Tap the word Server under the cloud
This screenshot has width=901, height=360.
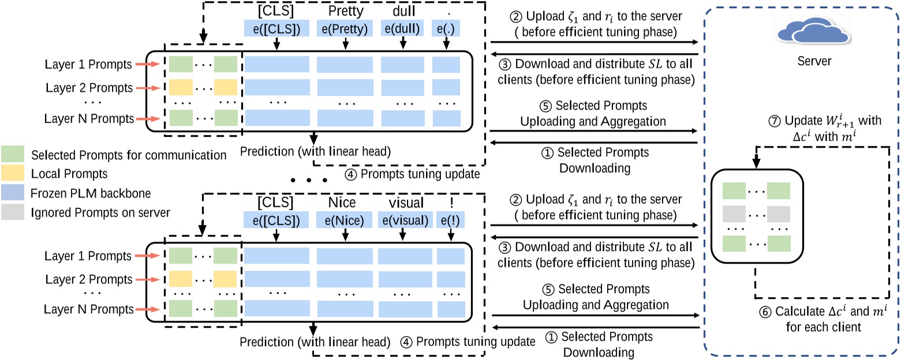coord(814,61)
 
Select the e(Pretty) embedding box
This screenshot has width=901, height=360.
coord(345,28)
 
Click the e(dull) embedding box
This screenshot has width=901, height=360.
coord(402,28)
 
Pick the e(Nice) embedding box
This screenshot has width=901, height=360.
coord(345,220)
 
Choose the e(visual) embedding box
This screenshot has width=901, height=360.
coord(405,220)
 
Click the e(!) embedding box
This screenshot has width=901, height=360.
coord(450,220)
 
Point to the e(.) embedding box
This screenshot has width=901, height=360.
coord(446,28)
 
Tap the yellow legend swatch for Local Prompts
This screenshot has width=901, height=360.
coord(13,173)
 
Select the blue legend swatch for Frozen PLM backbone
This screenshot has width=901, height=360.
coord(13,193)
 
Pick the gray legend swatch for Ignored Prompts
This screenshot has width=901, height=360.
coord(13,212)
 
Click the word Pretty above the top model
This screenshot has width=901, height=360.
coord(346,11)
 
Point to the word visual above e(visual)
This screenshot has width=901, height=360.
coord(406,202)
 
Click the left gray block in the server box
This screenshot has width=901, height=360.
coord(734,214)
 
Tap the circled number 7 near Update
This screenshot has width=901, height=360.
coord(775,121)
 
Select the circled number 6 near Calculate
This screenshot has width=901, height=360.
coord(765,312)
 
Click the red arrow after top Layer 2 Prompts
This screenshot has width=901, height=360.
coord(148,88)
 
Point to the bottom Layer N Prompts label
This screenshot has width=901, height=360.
coord(88,309)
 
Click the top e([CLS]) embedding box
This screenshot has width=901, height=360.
coord(276,28)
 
